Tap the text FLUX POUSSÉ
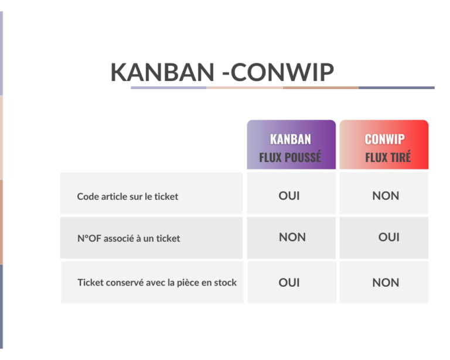(x=290, y=157)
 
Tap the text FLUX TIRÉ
(x=388, y=157)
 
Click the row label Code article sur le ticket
(x=128, y=196)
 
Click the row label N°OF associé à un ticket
(x=128, y=238)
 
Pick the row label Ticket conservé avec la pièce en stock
(x=157, y=283)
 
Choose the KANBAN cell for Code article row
(x=289, y=196)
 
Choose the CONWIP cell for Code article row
(x=386, y=196)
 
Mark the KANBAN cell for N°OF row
(x=292, y=237)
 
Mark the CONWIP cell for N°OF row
(x=388, y=237)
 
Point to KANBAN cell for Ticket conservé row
(x=289, y=283)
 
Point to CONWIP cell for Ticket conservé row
(x=386, y=283)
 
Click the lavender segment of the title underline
(x=169, y=88)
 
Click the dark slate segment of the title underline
(x=397, y=88)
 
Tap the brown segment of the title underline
(x=321, y=88)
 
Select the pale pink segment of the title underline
(x=244, y=88)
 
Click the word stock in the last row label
(x=226, y=283)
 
